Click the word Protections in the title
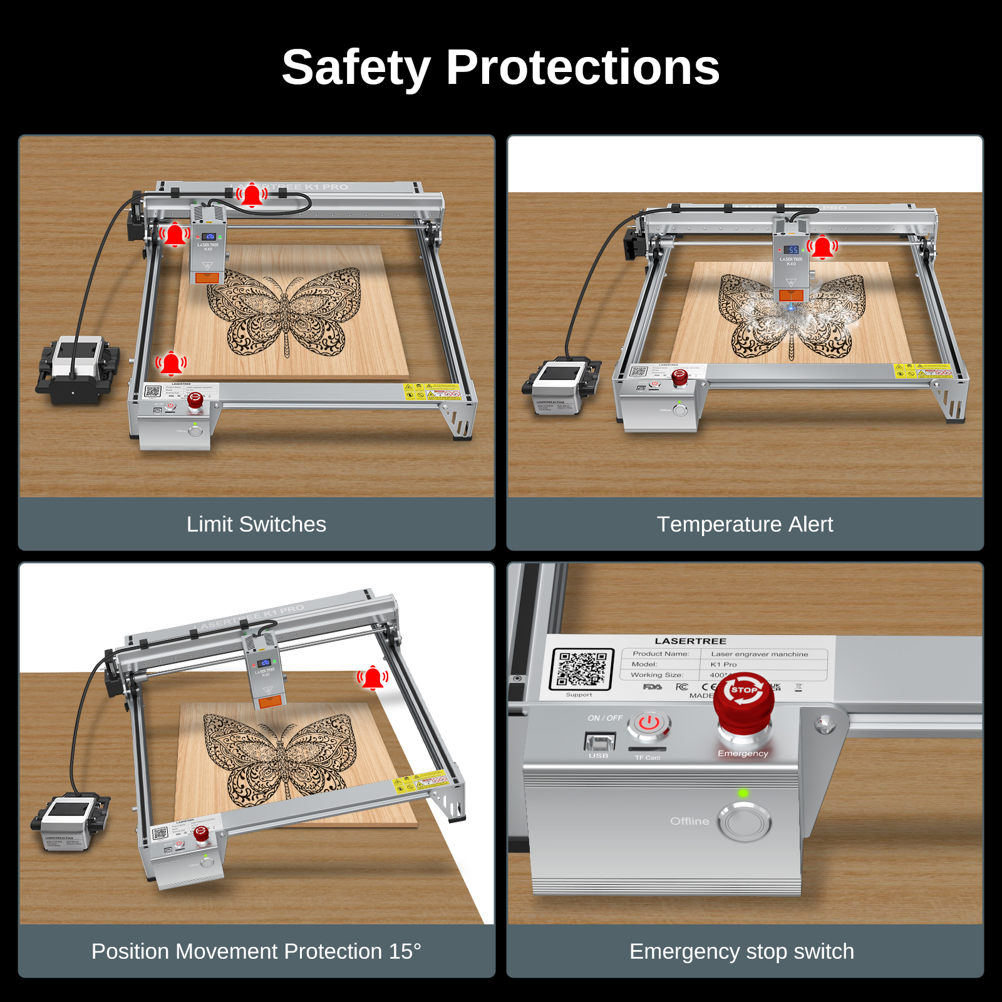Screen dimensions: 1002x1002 coord(582,68)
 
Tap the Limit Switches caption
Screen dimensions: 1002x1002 coord(256,524)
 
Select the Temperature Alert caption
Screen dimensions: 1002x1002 coord(745,524)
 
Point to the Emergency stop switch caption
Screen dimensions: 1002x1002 coord(741,951)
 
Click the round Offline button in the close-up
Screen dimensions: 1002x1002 coord(744,822)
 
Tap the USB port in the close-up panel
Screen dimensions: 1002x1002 coord(599,742)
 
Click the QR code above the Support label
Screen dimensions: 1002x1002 coord(581,669)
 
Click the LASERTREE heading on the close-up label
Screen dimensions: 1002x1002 coord(690,641)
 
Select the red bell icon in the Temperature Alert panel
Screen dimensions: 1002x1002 coord(822,247)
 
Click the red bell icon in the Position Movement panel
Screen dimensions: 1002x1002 coord(373,678)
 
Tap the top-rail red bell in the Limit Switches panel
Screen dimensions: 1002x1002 coord(252,195)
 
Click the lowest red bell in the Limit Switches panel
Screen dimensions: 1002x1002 coord(171,363)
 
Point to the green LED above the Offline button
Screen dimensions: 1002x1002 coord(743,793)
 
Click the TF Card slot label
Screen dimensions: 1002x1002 coord(648,757)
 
